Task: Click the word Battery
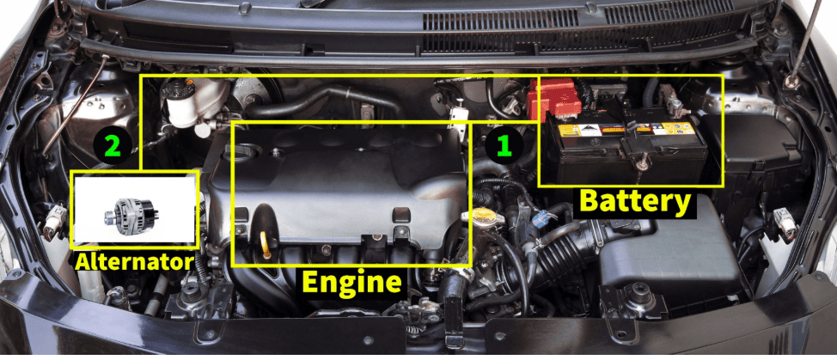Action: (635, 200)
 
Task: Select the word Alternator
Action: (134, 261)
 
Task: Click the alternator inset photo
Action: (135, 209)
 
